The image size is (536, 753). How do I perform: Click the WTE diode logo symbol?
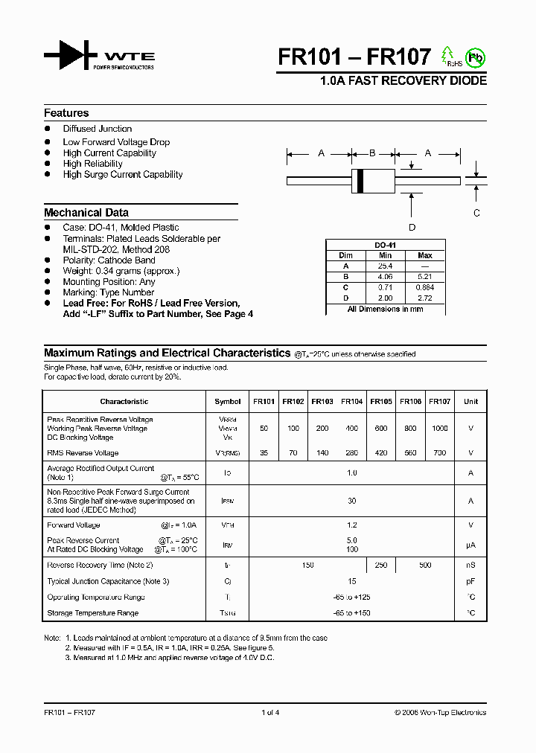tap(71, 57)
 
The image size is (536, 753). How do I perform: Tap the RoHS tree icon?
tap(448, 56)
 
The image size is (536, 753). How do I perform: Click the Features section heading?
tap(66, 113)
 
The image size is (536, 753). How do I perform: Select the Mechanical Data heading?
tap(86, 212)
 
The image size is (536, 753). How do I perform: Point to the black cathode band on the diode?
tap(360, 179)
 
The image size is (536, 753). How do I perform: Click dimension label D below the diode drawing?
tap(412, 227)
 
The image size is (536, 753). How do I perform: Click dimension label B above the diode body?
tap(372, 153)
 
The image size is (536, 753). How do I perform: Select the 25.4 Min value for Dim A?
tap(385, 266)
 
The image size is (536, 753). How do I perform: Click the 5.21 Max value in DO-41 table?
tap(425, 276)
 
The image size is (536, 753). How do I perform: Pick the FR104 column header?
tap(352, 402)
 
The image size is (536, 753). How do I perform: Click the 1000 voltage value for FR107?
tap(440, 429)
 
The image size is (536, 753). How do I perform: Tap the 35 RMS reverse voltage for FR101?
tap(264, 452)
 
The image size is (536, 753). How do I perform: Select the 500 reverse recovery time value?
tap(425, 565)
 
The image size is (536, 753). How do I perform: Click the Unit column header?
tap(470, 402)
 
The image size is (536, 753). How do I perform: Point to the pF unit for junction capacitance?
tap(470, 581)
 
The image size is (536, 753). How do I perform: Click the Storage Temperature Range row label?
tap(92, 613)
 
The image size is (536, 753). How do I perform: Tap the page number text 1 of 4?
tap(270, 712)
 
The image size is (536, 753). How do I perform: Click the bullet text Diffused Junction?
tap(98, 129)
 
